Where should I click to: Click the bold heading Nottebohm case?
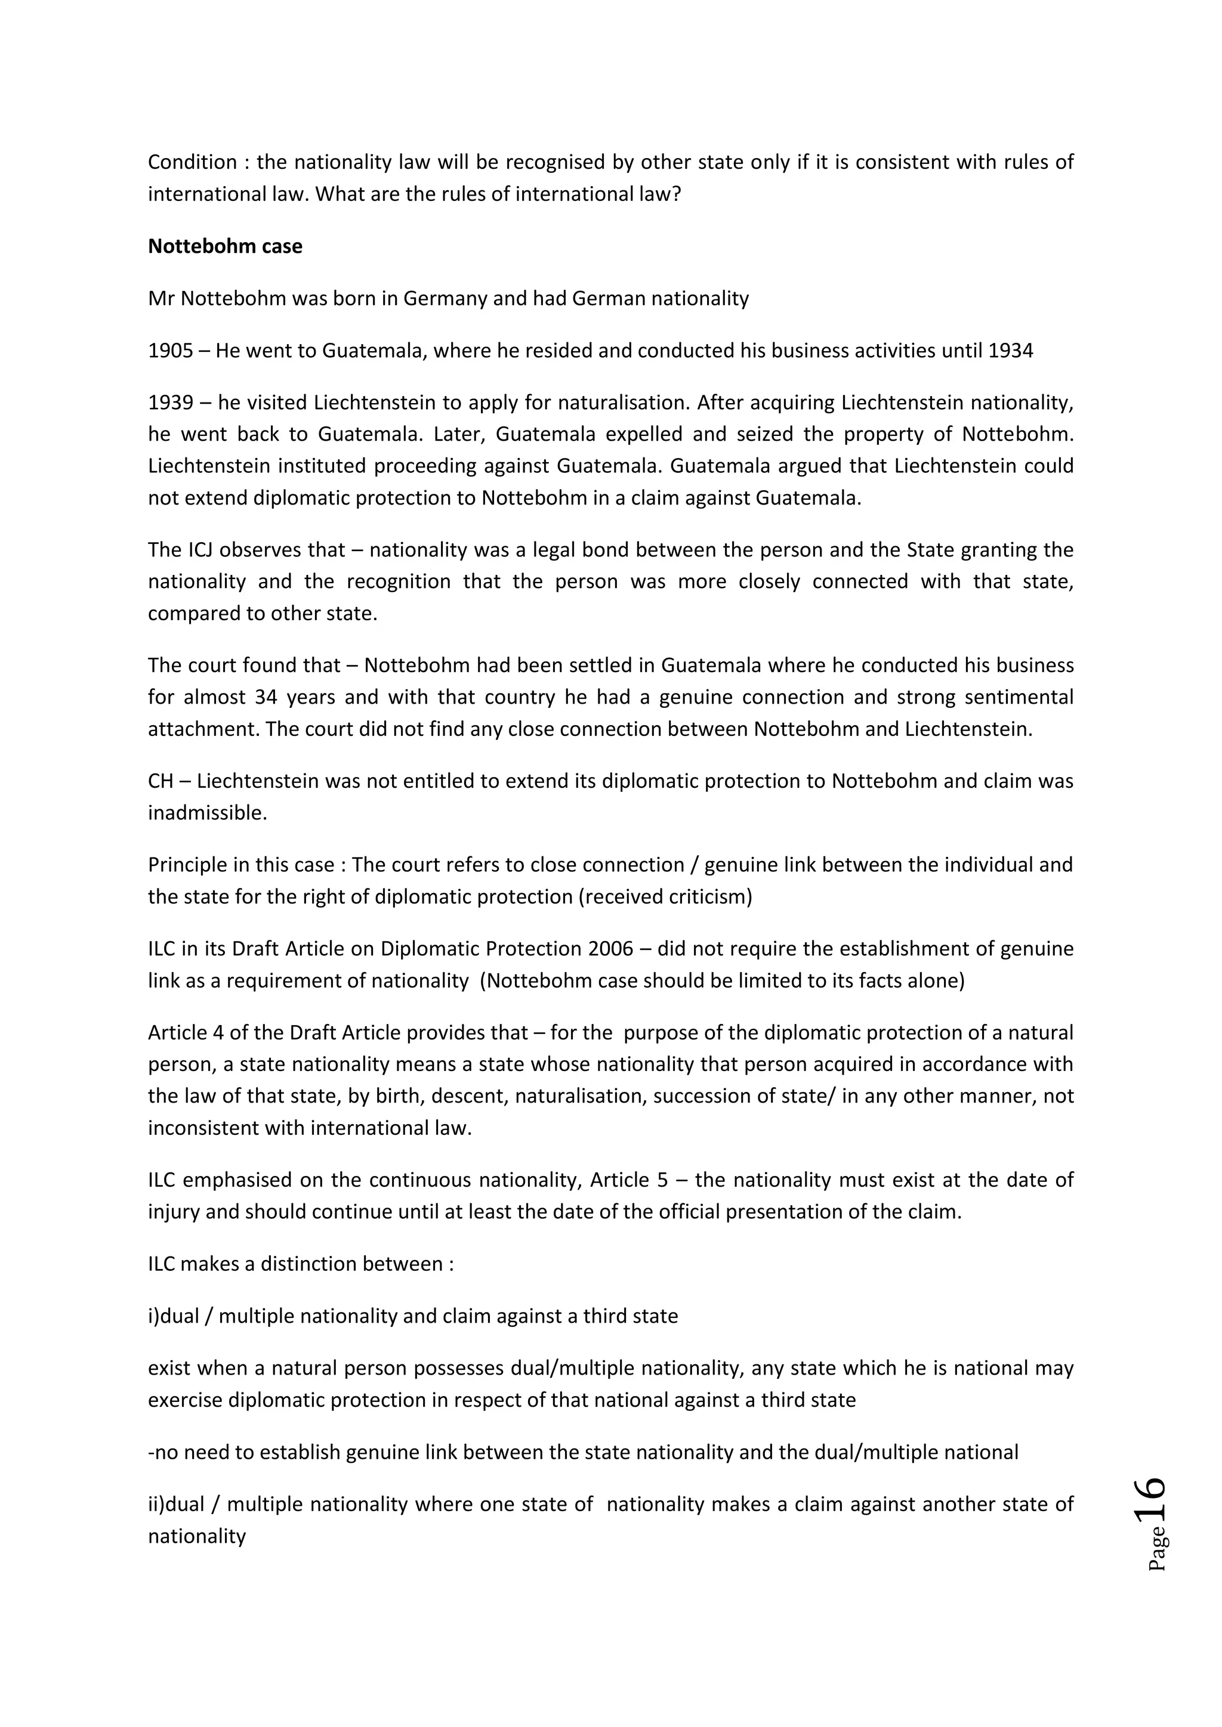tap(225, 247)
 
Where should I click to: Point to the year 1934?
tap(1011, 351)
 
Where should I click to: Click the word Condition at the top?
tap(193, 162)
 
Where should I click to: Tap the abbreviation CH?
tap(161, 782)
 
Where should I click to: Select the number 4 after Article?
tap(218, 1033)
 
